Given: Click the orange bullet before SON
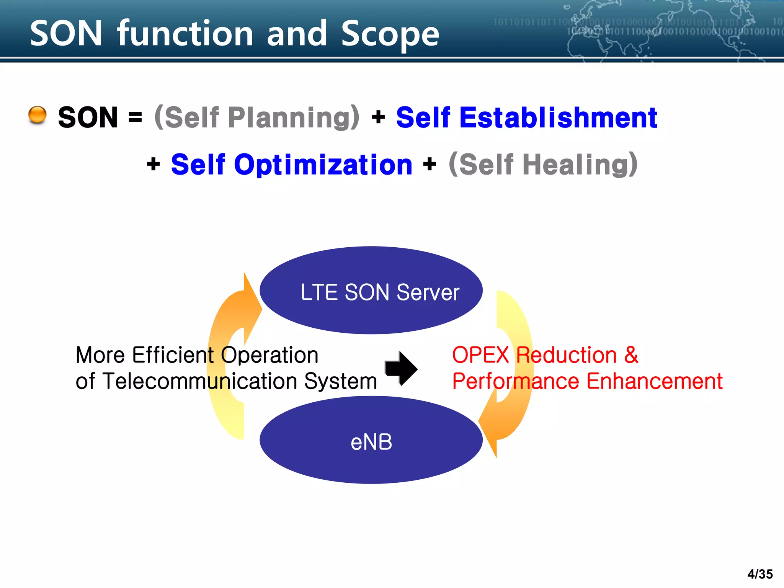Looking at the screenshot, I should pyautogui.click(x=38, y=115).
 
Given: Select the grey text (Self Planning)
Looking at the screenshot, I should pyautogui.click(x=256, y=117).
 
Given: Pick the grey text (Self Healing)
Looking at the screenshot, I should pyautogui.click(x=543, y=165).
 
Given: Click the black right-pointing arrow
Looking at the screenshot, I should pyautogui.click(x=401, y=368).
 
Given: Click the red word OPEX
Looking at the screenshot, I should pyautogui.click(x=480, y=355).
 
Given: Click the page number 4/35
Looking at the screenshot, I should pyautogui.click(x=760, y=574).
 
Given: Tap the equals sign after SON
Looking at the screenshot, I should pyautogui.click(x=135, y=117).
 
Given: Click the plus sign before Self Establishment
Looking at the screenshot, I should pyautogui.click(x=378, y=117).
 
